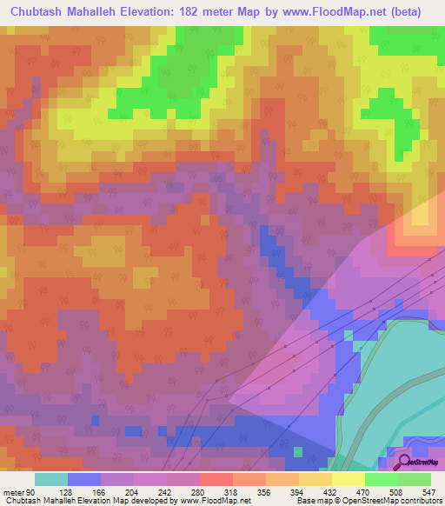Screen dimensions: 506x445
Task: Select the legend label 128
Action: (84, 491)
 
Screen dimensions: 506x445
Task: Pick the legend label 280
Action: (216, 491)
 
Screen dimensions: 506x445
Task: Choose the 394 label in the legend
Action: (315, 491)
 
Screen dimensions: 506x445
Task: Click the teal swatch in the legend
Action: (51, 479)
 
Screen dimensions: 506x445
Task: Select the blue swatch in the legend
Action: (84, 479)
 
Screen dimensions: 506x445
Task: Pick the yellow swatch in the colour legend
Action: (349, 479)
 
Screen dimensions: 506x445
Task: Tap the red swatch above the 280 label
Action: (216, 479)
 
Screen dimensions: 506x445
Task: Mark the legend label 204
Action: (150, 491)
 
